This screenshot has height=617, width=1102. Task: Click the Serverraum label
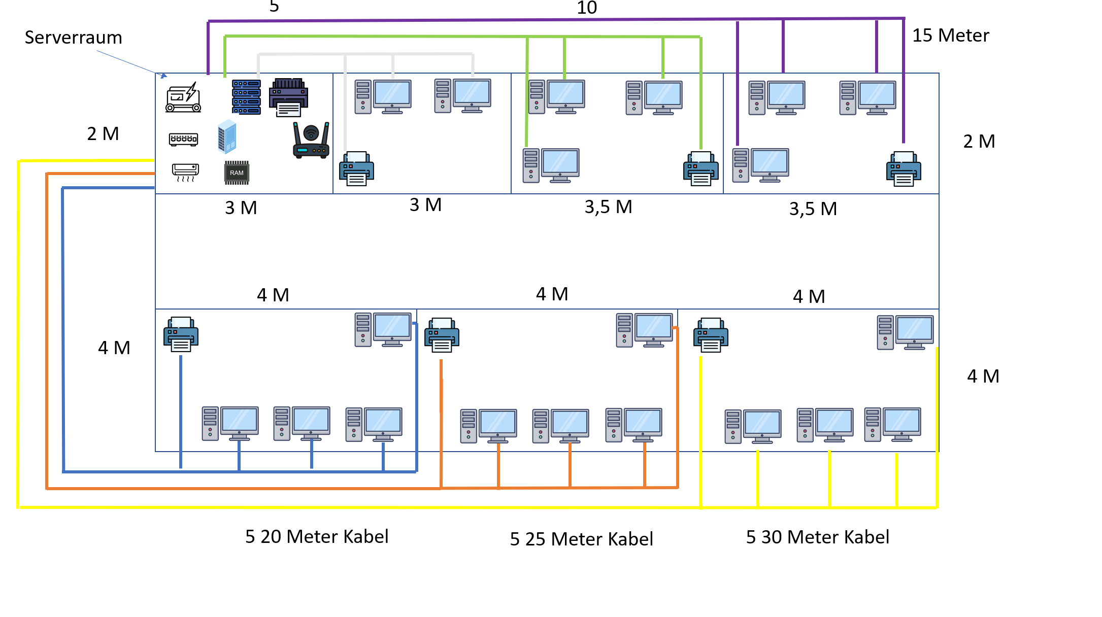pos(73,38)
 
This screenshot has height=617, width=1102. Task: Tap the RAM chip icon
pos(237,173)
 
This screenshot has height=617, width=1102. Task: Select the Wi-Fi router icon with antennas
pos(311,141)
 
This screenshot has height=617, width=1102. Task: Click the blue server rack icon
pos(246,97)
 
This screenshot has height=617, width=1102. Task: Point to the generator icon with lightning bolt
pos(183,97)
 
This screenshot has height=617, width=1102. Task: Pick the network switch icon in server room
pos(183,139)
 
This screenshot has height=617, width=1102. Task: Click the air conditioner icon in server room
pos(185,172)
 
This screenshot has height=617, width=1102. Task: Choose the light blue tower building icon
pos(227,136)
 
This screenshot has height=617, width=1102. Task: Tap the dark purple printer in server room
pos(289,97)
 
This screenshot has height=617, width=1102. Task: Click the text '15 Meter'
pos(950,36)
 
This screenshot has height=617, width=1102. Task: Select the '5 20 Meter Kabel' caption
pos(317,536)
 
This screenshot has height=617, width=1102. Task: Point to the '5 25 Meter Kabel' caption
pos(581,539)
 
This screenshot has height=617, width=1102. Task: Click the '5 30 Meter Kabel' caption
pos(817,537)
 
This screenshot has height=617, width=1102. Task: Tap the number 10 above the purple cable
pos(587,8)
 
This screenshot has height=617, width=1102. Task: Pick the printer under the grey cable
pos(356,168)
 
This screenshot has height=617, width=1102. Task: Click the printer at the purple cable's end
pos(904,169)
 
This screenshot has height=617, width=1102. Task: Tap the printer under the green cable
pos(700,168)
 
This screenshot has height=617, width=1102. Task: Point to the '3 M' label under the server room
pos(241,208)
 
